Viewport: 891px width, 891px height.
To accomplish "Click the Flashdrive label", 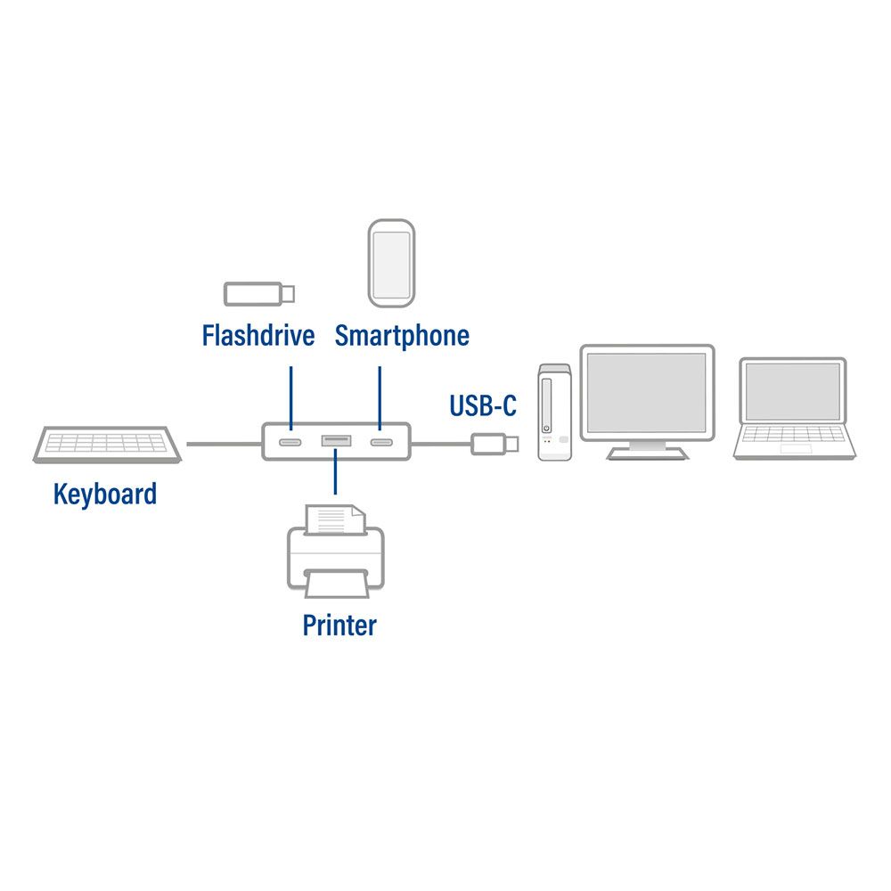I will coord(257,336).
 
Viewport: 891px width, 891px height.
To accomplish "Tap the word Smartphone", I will coord(402,336).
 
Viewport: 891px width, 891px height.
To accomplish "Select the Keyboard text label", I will coord(105,494).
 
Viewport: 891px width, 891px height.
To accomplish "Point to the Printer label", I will coord(339,625).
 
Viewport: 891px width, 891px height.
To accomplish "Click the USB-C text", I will coord(482,406).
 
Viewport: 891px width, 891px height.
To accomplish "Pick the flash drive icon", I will coord(258,293).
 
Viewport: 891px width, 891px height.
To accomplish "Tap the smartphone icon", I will coord(391,261).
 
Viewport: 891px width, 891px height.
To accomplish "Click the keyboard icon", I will coord(108,444).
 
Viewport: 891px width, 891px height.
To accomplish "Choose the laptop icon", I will coord(794,409).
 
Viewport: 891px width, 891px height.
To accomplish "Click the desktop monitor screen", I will coord(648,393).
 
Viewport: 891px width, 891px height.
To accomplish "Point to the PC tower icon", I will coord(554,412).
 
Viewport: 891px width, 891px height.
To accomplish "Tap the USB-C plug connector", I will coord(490,443).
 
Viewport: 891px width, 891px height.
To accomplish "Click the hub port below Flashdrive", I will coord(290,443).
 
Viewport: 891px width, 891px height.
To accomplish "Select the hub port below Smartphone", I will coord(380,443).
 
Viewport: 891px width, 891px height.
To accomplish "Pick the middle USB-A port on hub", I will coord(336,441).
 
